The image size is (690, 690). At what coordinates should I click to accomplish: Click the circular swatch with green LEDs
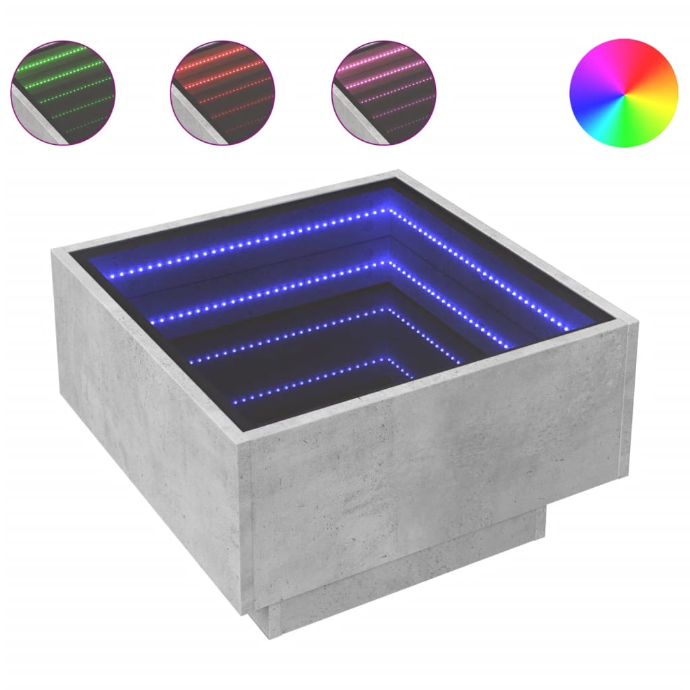pos(63,92)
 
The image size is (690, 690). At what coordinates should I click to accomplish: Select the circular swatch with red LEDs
pos(223,92)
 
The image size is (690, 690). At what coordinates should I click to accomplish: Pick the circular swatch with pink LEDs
pos(383,92)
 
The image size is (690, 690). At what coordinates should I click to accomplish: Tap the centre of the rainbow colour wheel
pos(623,93)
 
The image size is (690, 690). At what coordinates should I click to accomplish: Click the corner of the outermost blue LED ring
pos(389,211)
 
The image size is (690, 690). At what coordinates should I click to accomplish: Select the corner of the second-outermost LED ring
pos(388,265)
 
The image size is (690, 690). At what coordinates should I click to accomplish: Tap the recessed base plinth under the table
pos(404,579)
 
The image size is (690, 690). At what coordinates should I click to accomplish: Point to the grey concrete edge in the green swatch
pos(34,121)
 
